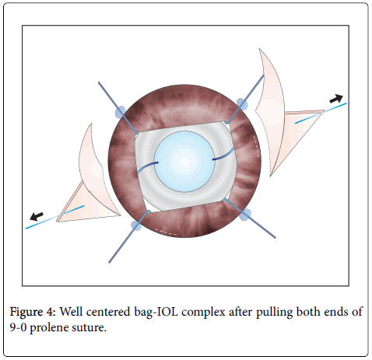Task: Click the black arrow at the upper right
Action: click(x=336, y=99)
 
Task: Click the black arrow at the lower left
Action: click(x=37, y=216)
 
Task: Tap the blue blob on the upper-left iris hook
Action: click(x=121, y=112)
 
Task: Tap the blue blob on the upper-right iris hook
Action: click(x=242, y=103)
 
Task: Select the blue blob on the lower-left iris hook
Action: click(x=136, y=225)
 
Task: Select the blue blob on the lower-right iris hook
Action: click(x=245, y=215)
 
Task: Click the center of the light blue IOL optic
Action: click(x=184, y=161)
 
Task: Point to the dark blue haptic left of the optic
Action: click(x=147, y=167)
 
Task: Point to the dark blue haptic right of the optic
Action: click(x=223, y=155)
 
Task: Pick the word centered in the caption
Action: click(x=108, y=312)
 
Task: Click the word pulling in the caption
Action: click(x=274, y=312)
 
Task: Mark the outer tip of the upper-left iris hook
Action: click(x=99, y=82)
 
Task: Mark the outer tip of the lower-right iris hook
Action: click(x=275, y=237)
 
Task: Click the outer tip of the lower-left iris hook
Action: click(x=109, y=263)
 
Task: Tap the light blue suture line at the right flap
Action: click(x=321, y=114)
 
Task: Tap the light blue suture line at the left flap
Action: click(x=54, y=217)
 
